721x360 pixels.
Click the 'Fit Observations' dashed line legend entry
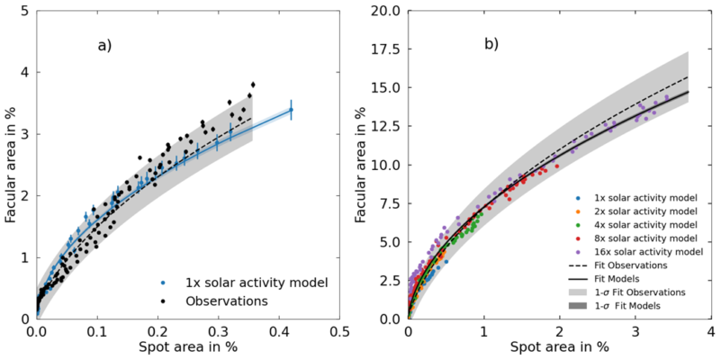point(630,265)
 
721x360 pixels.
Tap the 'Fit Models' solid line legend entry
point(622,279)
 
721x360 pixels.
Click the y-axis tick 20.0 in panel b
point(388,12)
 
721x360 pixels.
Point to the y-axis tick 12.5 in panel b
point(388,127)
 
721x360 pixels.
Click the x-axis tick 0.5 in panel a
point(338,330)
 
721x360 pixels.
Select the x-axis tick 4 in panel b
point(710,330)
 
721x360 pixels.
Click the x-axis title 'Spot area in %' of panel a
point(187,346)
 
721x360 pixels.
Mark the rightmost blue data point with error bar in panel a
point(291,109)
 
